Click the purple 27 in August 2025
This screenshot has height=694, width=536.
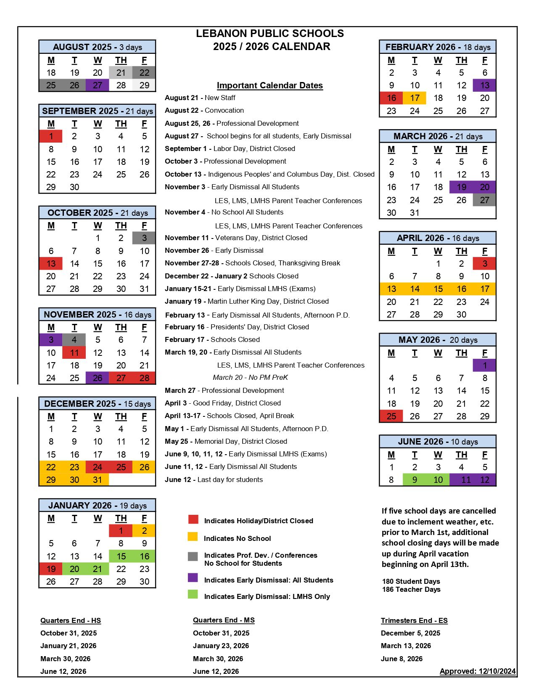(98, 85)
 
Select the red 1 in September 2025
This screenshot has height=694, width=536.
(51, 136)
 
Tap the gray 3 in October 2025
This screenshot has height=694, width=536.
(144, 238)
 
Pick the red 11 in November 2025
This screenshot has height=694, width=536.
(74, 352)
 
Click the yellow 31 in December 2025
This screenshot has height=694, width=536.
(98, 479)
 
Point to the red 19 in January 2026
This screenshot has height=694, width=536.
(51, 569)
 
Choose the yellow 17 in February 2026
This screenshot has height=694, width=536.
(415, 98)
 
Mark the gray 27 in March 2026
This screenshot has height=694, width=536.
(485, 200)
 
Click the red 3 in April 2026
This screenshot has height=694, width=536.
(485, 264)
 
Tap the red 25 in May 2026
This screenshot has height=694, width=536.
(391, 416)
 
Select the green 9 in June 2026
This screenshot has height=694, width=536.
(415, 479)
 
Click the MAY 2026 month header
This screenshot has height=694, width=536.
(438, 340)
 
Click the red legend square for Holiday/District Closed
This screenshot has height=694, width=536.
(193, 519)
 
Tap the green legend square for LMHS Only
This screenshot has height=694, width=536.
(193, 594)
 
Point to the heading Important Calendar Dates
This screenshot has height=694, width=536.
(270, 85)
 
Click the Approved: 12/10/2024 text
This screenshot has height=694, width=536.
(478, 671)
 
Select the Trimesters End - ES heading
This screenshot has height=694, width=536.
(414, 620)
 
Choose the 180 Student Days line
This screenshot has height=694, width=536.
(411, 581)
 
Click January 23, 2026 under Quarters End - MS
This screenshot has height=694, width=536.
(221, 646)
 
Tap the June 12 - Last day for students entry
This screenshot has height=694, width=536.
(214, 479)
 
